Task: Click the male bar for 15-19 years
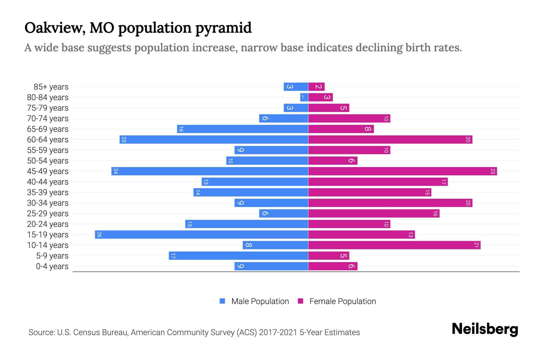tap(202, 235)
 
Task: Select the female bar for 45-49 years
tap(403, 171)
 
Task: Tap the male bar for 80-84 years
tap(304, 97)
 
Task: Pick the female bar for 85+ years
tap(316, 87)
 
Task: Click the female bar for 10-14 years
tap(394, 245)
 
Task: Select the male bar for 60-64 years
tap(214, 140)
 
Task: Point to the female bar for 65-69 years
tap(341, 129)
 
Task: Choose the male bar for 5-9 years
tap(238, 256)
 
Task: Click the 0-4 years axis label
tap(52, 266)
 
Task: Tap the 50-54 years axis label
tap(48, 161)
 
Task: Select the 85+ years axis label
tap(51, 87)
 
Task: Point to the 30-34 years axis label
tap(48, 203)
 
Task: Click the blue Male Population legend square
tap(222, 301)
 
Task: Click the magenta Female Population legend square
tap(300, 301)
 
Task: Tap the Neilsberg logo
tap(485, 329)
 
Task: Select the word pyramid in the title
tap(223, 28)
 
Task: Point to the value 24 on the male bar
tap(115, 171)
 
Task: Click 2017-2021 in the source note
tap(278, 332)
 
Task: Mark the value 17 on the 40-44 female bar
tap(443, 182)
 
